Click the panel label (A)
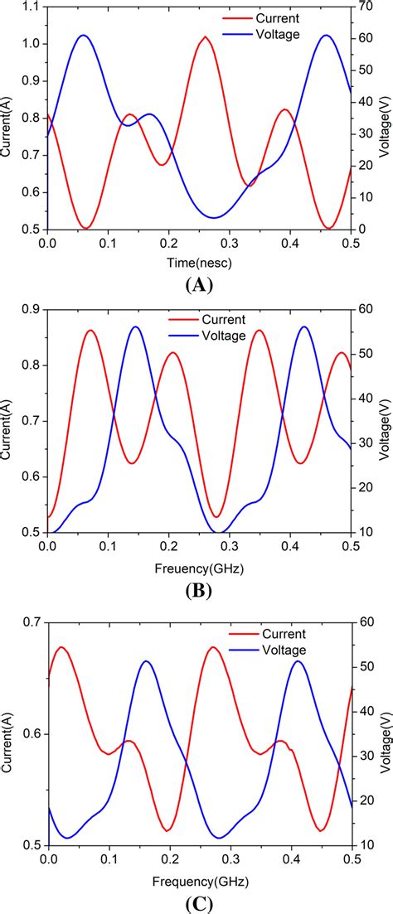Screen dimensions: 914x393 [200, 286]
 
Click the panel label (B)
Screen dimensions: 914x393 [200, 591]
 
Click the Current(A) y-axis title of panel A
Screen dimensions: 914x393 [7, 128]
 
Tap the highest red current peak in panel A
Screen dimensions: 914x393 [206, 37]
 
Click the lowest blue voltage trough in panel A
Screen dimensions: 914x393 [214, 218]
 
